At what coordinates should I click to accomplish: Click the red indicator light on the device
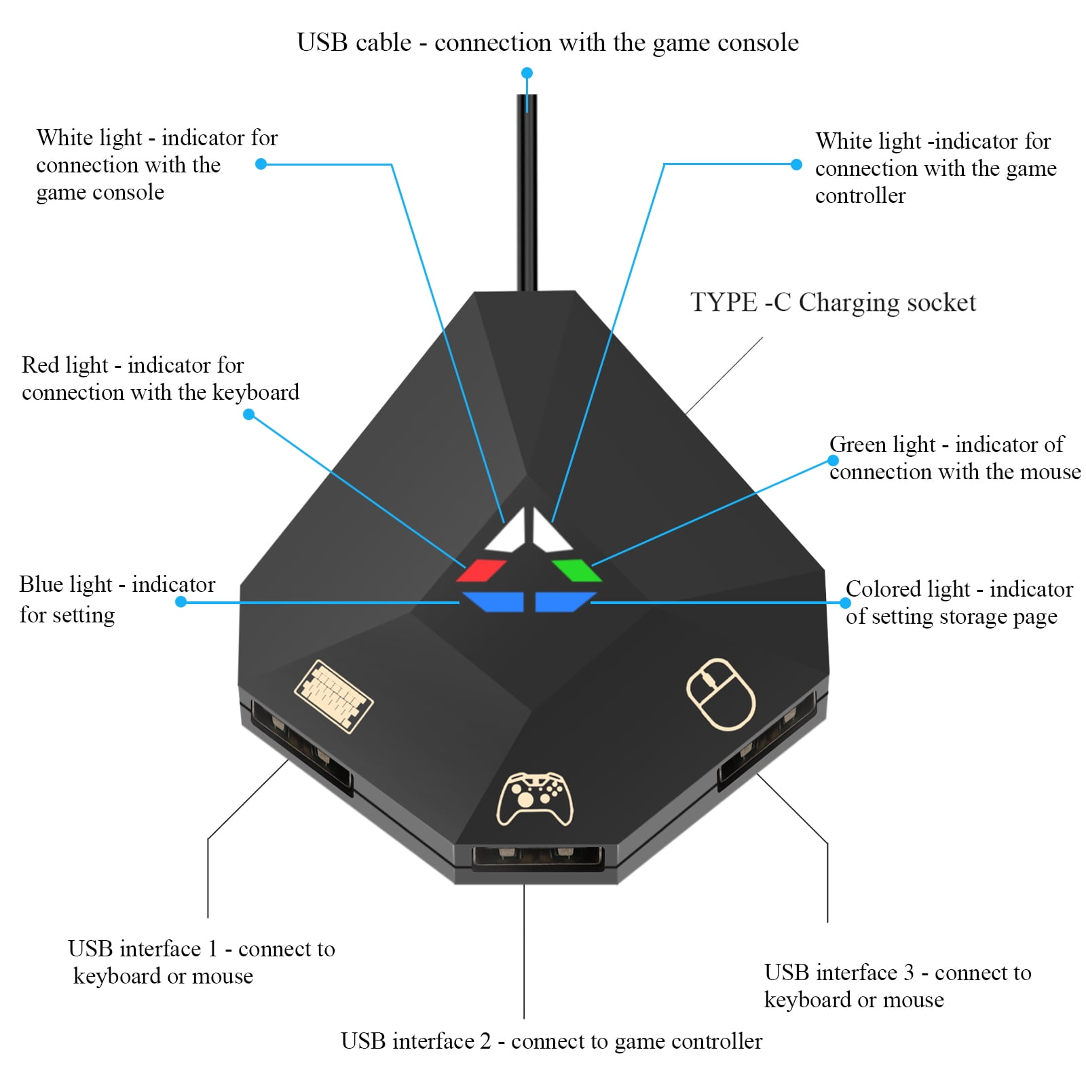click(x=481, y=570)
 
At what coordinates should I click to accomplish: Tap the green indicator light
click(x=577, y=570)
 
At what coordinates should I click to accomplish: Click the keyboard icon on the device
click(x=333, y=696)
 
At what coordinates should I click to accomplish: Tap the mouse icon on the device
click(x=720, y=693)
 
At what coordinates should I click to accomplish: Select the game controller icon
click(x=535, y=799)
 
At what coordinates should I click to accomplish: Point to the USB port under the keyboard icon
click(x=302, y=747)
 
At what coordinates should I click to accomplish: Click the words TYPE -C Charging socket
click(x=833, y=302)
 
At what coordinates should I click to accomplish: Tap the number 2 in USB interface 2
click(x=485, y=1041)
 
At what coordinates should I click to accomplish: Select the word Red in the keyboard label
click(x=40, y=365)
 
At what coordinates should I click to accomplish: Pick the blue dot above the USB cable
click(x=527, y=73)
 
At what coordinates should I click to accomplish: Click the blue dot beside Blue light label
click(x=181, y=601)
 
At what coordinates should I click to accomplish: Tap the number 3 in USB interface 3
click(x=908, y=972)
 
